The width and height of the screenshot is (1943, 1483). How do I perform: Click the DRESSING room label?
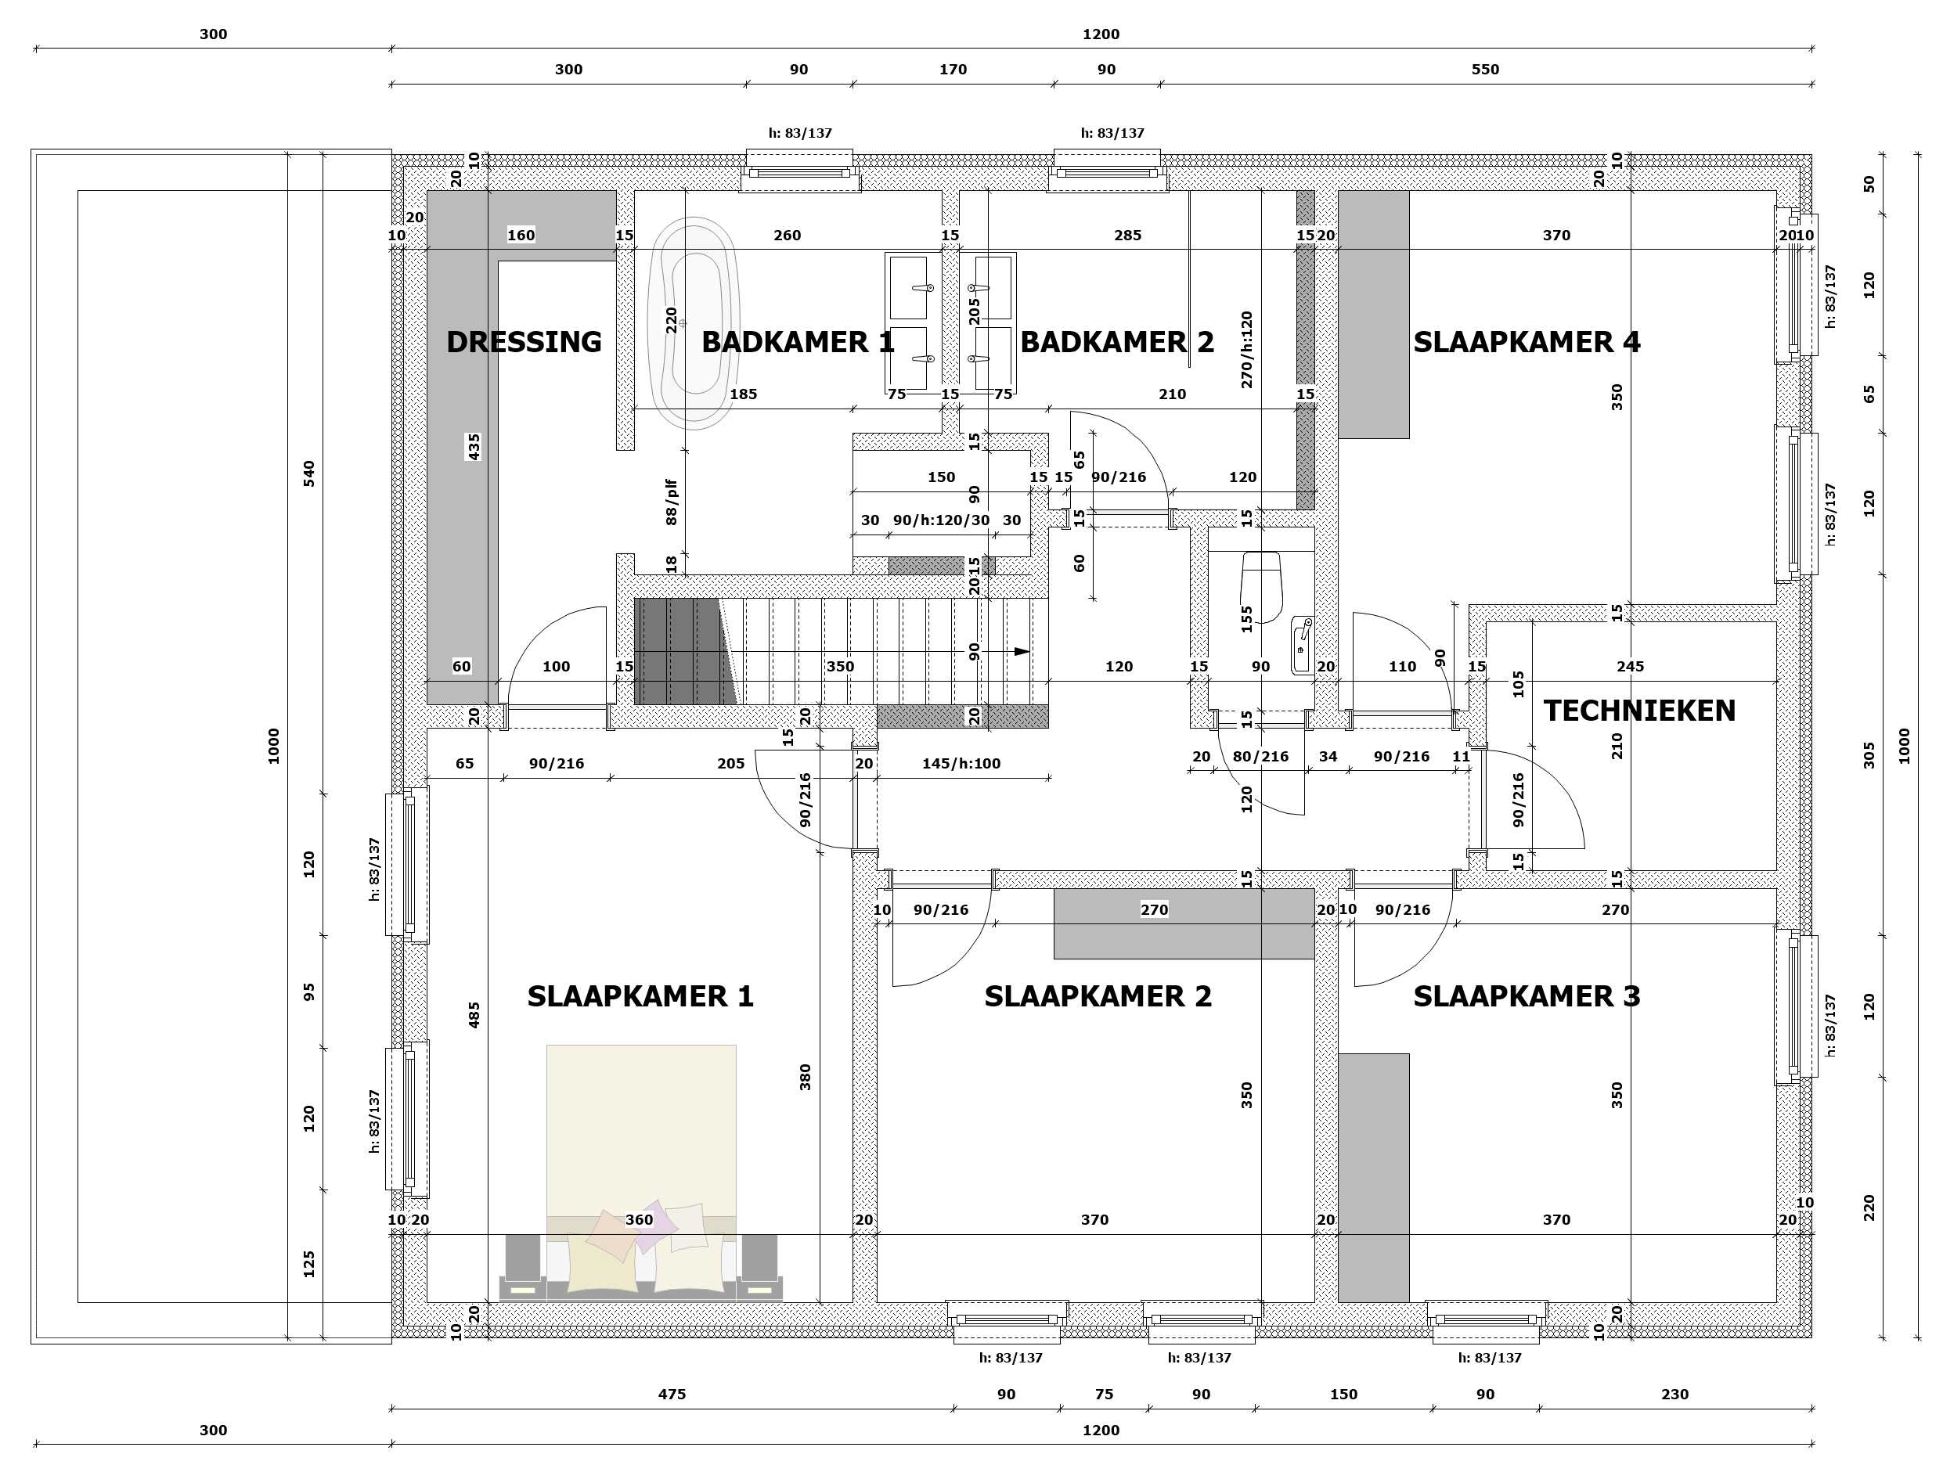click(524, 342)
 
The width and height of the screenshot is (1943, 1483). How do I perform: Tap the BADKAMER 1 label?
click(798, 342)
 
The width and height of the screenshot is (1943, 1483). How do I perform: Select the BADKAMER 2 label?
click(1117, 342)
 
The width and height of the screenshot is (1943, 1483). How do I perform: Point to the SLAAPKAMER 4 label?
click(1527, 342)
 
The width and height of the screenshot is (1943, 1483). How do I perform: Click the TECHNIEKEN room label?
click(1639, 711)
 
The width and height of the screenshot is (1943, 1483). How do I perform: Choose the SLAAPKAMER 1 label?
click(640, 996)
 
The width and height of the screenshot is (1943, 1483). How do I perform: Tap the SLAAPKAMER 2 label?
click(1098, 996)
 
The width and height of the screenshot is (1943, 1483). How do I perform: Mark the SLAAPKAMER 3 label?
click(1527, 996)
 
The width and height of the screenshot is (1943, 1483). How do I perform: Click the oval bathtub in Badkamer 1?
click(693, 323)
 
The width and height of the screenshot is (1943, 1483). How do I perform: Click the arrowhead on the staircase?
click(1022, 651)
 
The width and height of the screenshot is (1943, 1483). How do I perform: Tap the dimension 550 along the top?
click(1485, 69)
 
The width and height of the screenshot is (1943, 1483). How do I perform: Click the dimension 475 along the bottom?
click(672, 1394)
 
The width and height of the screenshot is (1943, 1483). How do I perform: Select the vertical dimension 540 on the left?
click(309, 473)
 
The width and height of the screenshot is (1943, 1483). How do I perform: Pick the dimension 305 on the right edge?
click(1869, 754)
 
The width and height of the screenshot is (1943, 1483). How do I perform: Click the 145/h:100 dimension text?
click(961, 763)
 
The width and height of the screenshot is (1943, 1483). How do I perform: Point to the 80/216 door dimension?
click(1260, 756)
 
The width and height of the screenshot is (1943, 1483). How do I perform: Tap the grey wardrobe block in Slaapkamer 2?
click(1184, 923)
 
